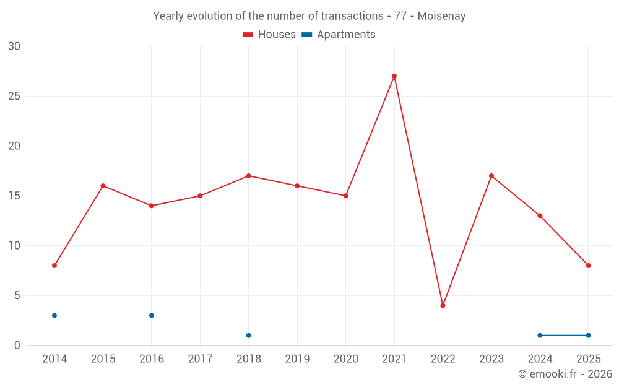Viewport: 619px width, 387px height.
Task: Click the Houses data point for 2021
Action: tap(394, 76)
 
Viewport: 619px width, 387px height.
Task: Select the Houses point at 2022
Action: tap(443, 305)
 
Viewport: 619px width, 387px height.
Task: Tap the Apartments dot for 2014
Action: tap(54, 315)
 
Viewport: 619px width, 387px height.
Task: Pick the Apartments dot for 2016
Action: tap(152, 315)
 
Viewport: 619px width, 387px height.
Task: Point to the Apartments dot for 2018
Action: tap(249, 336)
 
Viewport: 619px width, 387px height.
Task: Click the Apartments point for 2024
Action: tap(540, 336)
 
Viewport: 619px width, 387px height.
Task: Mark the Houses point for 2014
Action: tap(54, 266)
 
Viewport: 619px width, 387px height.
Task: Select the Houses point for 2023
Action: tap(491, 176)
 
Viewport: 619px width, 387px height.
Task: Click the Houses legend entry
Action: tap(269, 35)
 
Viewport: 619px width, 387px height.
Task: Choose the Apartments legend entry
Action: tap(339, 35)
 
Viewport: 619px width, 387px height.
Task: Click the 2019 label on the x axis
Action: tap(297, 359)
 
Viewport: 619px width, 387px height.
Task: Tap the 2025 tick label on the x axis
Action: tap(588, 359)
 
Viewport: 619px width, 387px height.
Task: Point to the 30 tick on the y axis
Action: tap(14, 46)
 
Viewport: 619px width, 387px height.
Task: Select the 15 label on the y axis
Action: tap(14, 196)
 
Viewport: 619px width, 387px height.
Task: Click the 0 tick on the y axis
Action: tap(17, 346)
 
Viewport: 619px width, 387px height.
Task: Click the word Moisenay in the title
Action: tap(441, 16)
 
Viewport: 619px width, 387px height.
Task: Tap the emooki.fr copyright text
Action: tap(565, 374)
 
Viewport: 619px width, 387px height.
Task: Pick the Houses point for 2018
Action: tap(249, 176)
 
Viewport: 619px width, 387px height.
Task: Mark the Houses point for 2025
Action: tap(588, 266)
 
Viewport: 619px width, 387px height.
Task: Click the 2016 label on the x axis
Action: tap(152, 359)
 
